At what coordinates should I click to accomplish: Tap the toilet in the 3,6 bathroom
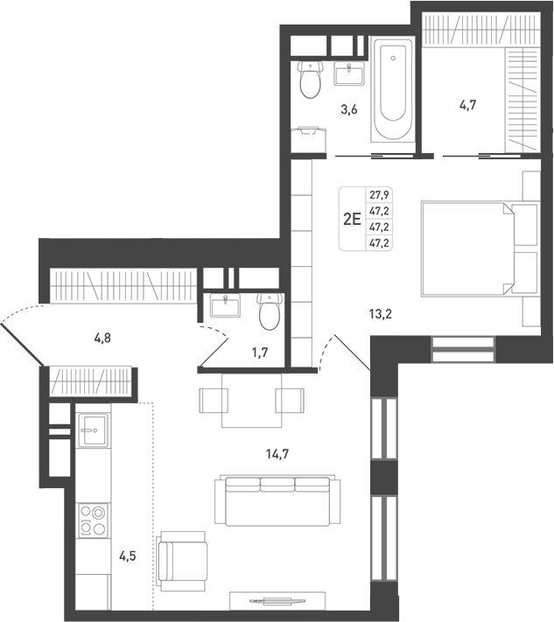(310, 80)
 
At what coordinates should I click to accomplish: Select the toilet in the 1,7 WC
(270, 311)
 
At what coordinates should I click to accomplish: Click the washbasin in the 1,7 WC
(225, 306)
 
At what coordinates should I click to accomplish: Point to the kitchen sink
(93, 430)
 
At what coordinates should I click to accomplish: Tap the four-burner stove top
(93, 521)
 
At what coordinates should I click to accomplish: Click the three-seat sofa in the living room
(277, 501)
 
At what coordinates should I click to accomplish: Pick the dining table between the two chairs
(251, 401)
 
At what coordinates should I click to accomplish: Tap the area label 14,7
(277, 454)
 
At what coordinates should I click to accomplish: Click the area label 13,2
(380, 314)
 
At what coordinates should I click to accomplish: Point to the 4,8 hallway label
(102, 338)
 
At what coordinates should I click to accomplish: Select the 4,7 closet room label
(468, 106)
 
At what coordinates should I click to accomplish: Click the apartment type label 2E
(352, 219)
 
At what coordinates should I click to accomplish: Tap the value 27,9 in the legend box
(379, 195)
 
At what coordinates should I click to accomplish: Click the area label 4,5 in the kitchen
(128, 556)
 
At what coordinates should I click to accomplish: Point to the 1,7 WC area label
(260, 353)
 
